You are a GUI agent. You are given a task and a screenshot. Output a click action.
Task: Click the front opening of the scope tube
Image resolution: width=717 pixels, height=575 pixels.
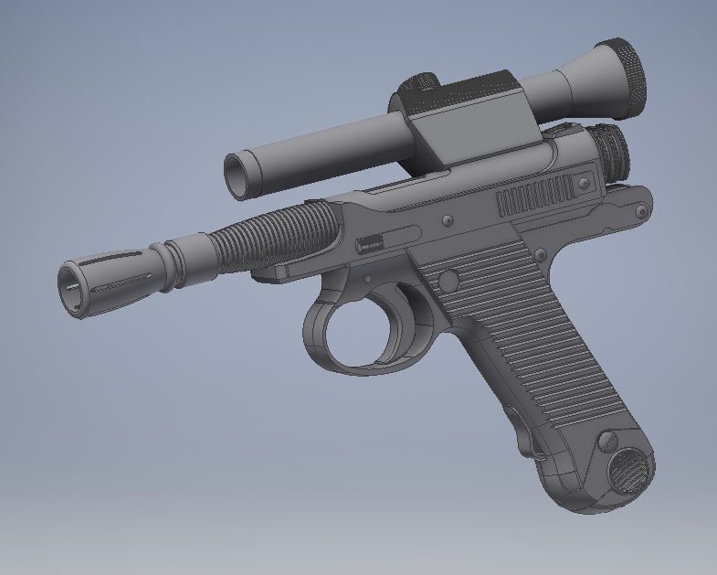point(239,175)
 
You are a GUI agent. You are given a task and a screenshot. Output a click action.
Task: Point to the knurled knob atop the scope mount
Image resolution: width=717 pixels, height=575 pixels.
point(422,86)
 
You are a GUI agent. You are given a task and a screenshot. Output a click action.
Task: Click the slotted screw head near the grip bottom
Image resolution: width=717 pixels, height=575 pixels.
point(606,442)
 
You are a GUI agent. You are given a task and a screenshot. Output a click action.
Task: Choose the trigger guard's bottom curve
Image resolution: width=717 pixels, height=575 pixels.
point(356,366)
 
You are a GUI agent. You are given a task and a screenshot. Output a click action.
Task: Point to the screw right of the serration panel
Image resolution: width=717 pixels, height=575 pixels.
point(582,184)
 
